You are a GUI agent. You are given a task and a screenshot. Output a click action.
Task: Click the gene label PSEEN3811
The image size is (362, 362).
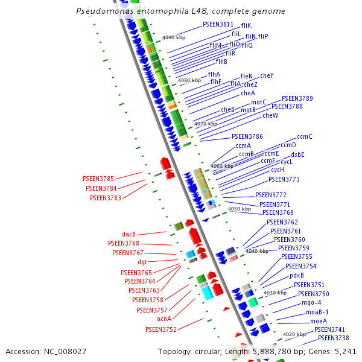point(218,24)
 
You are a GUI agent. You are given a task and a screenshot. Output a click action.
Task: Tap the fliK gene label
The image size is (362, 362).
point(246,25)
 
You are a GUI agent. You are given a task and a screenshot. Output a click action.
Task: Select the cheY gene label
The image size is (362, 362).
point(267,75)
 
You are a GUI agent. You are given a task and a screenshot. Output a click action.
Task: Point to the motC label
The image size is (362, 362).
point(258,102)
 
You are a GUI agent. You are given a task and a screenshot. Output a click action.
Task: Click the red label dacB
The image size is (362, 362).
point(129,234)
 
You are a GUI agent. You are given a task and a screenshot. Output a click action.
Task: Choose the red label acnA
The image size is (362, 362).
point(164,319)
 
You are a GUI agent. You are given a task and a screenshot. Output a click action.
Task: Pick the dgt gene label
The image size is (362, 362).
point(142,262)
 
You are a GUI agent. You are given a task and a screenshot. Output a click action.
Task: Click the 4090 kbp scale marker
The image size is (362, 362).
point(174,37)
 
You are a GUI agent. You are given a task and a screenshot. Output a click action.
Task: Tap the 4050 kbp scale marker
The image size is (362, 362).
point(240,209)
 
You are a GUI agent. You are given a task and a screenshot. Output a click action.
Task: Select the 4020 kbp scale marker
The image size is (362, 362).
point(294,334)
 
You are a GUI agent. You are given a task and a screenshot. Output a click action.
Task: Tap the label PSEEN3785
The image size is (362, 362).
point(98,179)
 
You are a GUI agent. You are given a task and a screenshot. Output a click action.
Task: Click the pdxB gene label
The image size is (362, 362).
point(297,275)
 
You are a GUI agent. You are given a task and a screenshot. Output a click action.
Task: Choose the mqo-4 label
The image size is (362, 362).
point(312,303)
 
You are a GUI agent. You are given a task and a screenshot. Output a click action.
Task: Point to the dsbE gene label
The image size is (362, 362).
point(297,154)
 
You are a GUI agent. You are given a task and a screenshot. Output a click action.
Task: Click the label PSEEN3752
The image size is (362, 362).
point(161,329)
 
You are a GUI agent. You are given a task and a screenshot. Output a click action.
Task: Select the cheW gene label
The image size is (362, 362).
point(270,115)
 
